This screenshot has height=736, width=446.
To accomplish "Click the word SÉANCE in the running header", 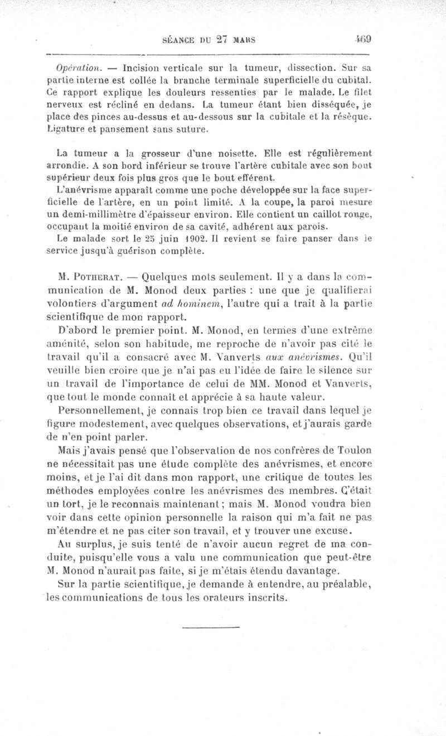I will [x=178, y=40].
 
